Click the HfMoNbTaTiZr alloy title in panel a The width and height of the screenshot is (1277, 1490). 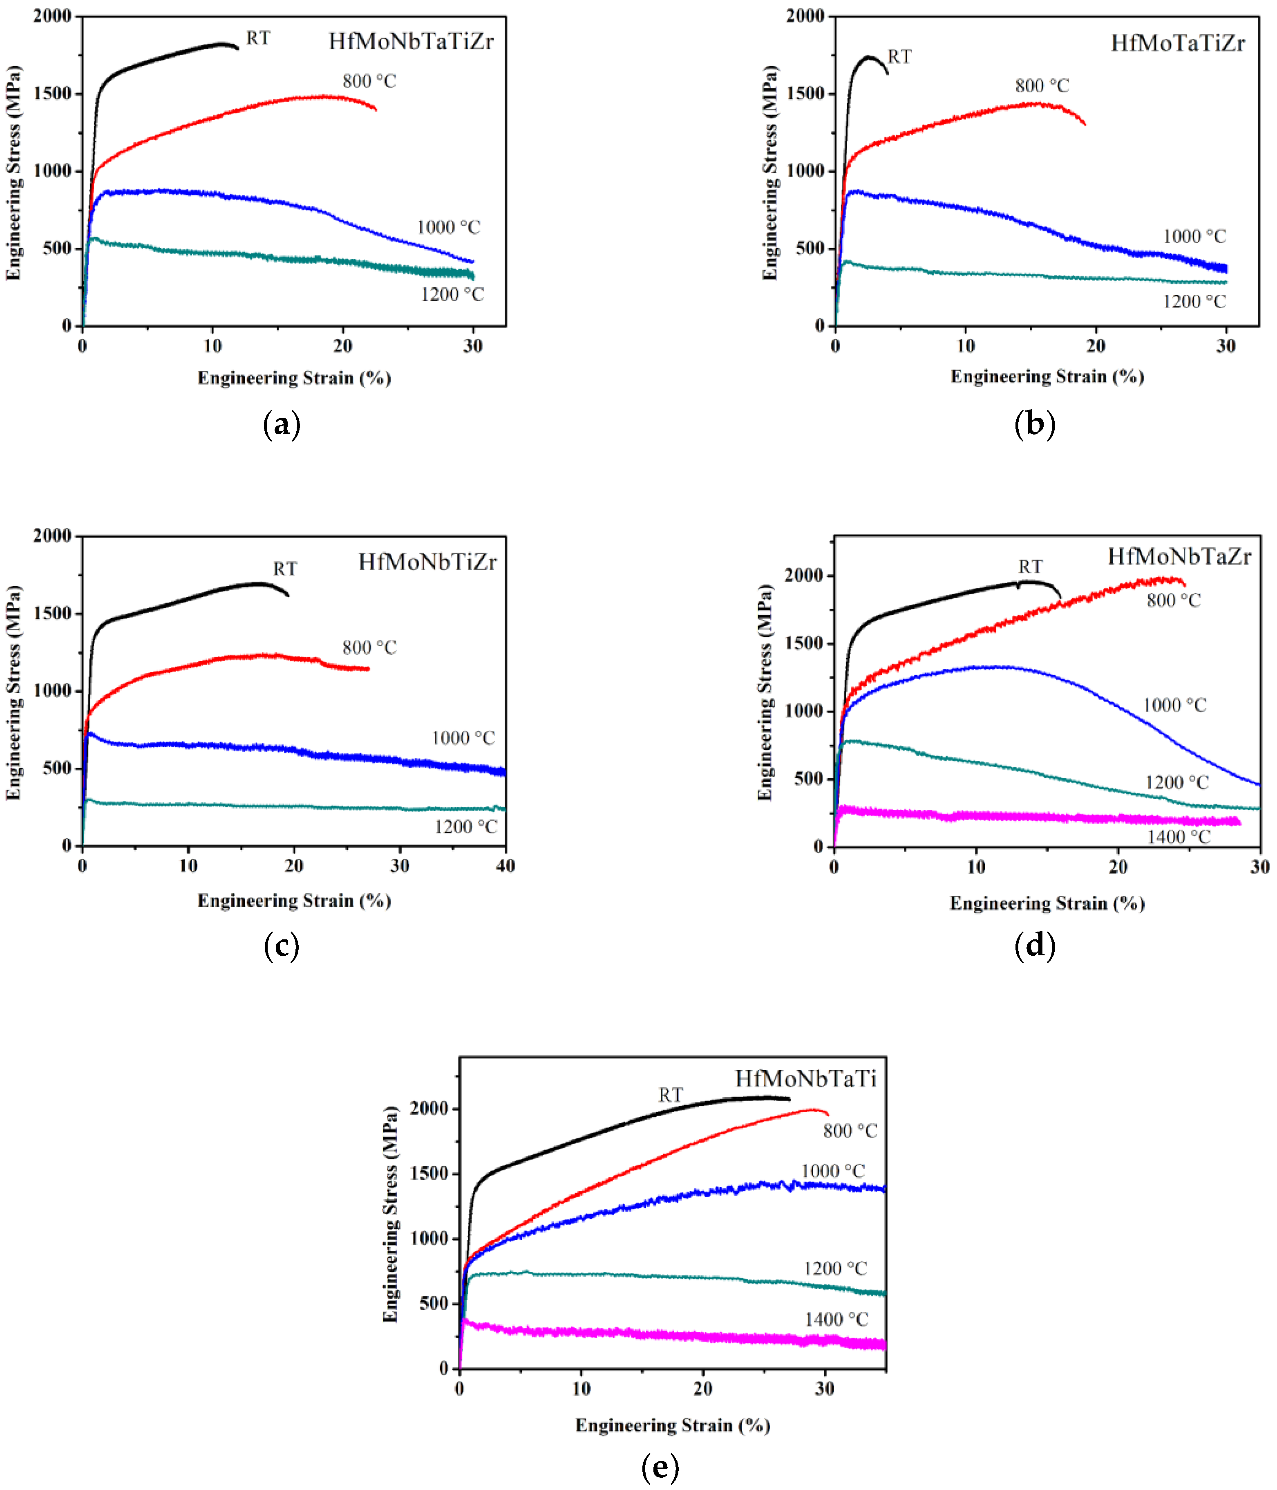(411, 42)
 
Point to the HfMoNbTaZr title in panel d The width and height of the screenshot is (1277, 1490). (1179, 557)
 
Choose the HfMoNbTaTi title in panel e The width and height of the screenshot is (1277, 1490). (805, 1079)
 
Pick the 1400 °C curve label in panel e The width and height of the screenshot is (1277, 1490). (836, 1320)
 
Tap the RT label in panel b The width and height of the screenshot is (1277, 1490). (899, 57)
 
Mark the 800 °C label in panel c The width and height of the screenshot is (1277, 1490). (369, 648)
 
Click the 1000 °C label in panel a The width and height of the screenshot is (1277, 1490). (449, 228)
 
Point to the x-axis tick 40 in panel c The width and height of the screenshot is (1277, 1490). (505, 867)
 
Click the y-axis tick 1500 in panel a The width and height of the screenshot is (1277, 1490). (52, 94)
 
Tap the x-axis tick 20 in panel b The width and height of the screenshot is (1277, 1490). (1095, 347)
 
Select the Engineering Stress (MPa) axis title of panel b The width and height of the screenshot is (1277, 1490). (770, 173)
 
